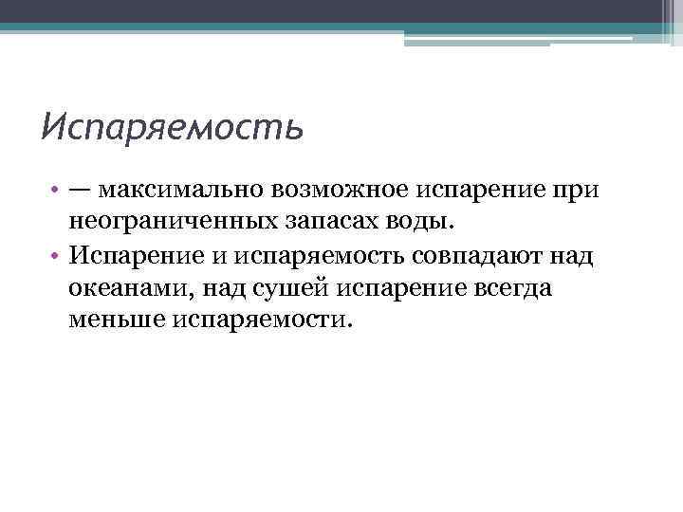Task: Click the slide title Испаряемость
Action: pyautogui.click(x=172, y=126)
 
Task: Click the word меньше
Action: pyautogui.click(x=117, y=320)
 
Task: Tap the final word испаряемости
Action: pyautogui.click(x=262, y=320)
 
